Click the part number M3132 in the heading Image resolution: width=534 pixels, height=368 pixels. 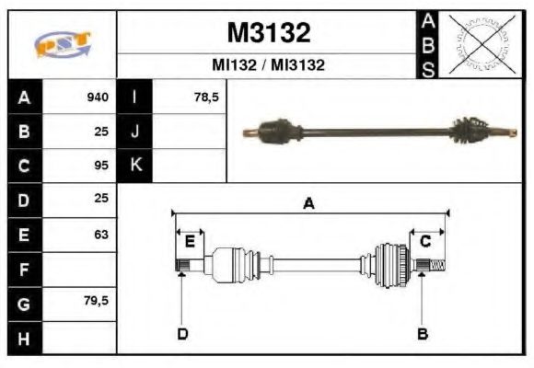[x=268, y=33]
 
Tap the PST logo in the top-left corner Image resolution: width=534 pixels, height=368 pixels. [x=62, y=44]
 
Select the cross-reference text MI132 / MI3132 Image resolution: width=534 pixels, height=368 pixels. [x=268, y=66]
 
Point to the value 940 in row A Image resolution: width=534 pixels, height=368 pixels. [x=98, y=98]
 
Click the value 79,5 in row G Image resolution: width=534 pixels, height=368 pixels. [x=96, y=303]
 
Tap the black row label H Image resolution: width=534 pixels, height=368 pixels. [x=24, y=339]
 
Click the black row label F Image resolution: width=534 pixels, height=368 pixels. [x=24, y=270]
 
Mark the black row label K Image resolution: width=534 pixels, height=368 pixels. [x=135, y=166]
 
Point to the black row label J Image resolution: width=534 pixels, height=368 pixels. [x=135, y=132]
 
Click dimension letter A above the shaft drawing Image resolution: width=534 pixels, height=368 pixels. [x=309, y=204]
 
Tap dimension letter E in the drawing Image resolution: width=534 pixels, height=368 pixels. [x=190, y=241]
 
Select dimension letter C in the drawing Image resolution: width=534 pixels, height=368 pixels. [x=425, y=241]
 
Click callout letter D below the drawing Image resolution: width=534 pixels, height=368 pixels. [x=182, y=333]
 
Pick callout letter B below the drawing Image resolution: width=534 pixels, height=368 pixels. [x=423, y=333]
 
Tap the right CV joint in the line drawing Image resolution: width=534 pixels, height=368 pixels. [x=390, y=267]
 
